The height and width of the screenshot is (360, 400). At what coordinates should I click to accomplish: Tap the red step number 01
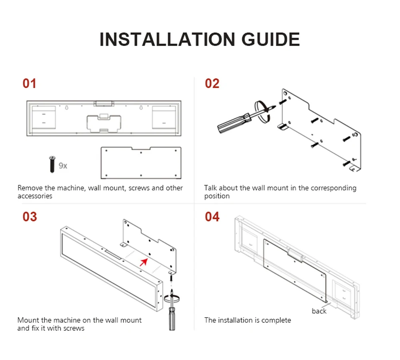point(29,84)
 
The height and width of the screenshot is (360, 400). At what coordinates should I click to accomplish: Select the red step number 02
point(212,84)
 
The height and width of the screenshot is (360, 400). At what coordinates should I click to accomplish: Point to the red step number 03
point(30,217)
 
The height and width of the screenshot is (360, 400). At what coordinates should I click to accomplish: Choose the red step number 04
point(212,217)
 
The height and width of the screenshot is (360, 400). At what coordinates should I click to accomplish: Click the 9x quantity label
point(63,166)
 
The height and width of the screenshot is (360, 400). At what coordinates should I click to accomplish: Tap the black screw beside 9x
point(52,164)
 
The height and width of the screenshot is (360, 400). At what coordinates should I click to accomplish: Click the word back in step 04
point(319,311)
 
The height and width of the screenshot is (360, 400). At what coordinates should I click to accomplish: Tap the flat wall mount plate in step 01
point(140,162)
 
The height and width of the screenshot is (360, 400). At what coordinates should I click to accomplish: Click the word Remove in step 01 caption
point(30,188)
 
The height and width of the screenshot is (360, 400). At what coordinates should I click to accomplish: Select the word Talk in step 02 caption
point(211,188)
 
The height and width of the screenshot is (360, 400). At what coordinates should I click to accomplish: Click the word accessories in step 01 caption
point(35,196)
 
